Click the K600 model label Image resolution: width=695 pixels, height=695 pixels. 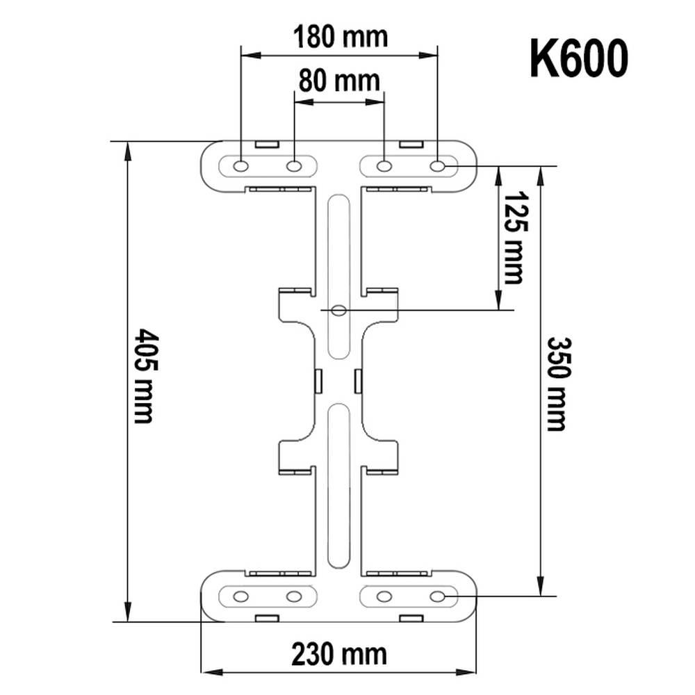pyautogui.click(x=579, y=58)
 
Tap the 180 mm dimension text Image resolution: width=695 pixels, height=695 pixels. pyautogui.click(x=341, y=37)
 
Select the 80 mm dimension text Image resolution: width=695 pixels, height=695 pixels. pyautogui.click(x=339, y=81)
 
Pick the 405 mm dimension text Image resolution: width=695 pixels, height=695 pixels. pyautogui.click(x=144, y=376)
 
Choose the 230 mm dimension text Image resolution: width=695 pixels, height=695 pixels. pyautogui.click(x=339, y=654)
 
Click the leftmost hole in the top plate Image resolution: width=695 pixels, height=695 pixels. pyautogui.click(x=240, y=166)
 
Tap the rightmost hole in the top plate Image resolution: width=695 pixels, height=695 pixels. pyautogui.click(x=437, y=166)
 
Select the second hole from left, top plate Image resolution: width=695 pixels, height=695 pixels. pyautogui.click(x=294, y=166)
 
